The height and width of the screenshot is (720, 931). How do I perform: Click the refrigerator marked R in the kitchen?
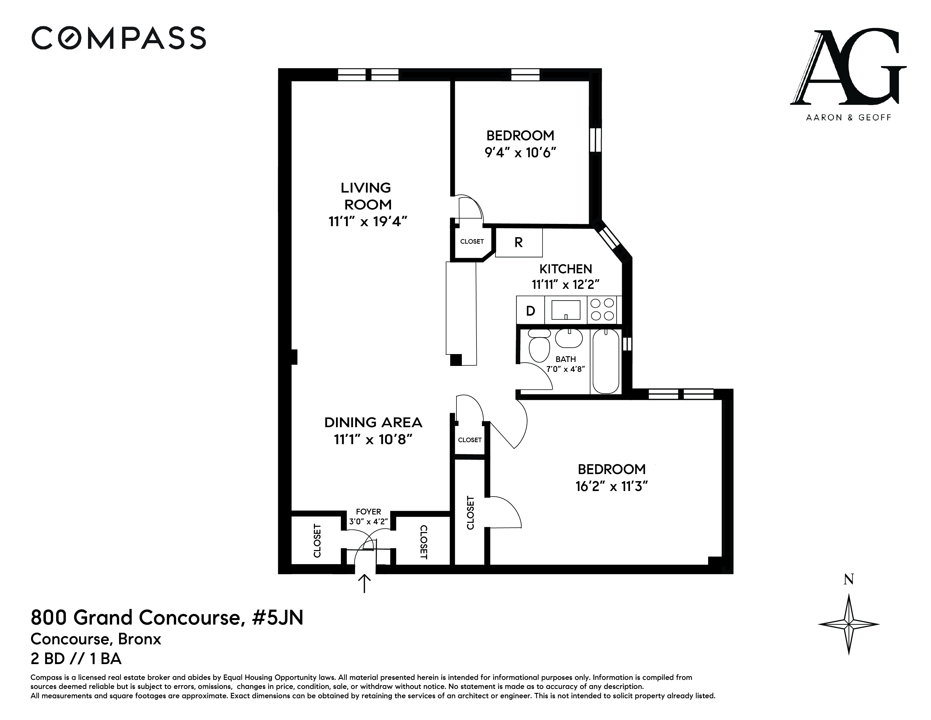pos(518,242)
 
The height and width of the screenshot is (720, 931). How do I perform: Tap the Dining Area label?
pos(374,422)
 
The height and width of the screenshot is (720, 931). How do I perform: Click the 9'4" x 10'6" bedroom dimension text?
pos(521,152)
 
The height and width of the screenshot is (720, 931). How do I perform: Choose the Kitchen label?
pos(566,269)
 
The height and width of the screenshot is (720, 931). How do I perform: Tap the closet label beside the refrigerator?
pos(472,241)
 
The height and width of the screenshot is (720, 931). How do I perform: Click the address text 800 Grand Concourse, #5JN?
pos(167,618)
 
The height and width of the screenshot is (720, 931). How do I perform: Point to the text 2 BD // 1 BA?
pos(76,659)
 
